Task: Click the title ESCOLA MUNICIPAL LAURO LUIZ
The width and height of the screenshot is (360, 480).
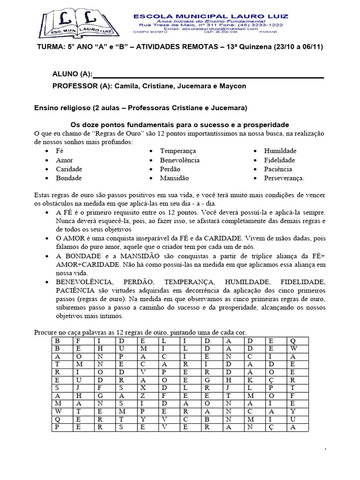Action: [x=210, y=16]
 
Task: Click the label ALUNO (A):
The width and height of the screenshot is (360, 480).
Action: [x=72, y=75]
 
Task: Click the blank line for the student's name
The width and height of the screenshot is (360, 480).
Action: [x=208, y=75]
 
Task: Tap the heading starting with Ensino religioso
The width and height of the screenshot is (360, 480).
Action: [x=141, y=108]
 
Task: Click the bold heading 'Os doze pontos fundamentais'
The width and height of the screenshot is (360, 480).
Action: [x=180, y=125]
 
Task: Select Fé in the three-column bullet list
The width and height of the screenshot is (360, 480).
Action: [x=60, y=151]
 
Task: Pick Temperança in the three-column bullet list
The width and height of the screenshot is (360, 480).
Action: [x=178, y=151]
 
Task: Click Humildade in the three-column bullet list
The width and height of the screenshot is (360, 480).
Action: [x=280, y=151]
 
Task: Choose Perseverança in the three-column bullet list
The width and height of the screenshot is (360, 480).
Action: [x=284, y=178]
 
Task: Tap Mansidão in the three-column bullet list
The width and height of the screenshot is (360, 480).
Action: [x=174, y=178]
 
